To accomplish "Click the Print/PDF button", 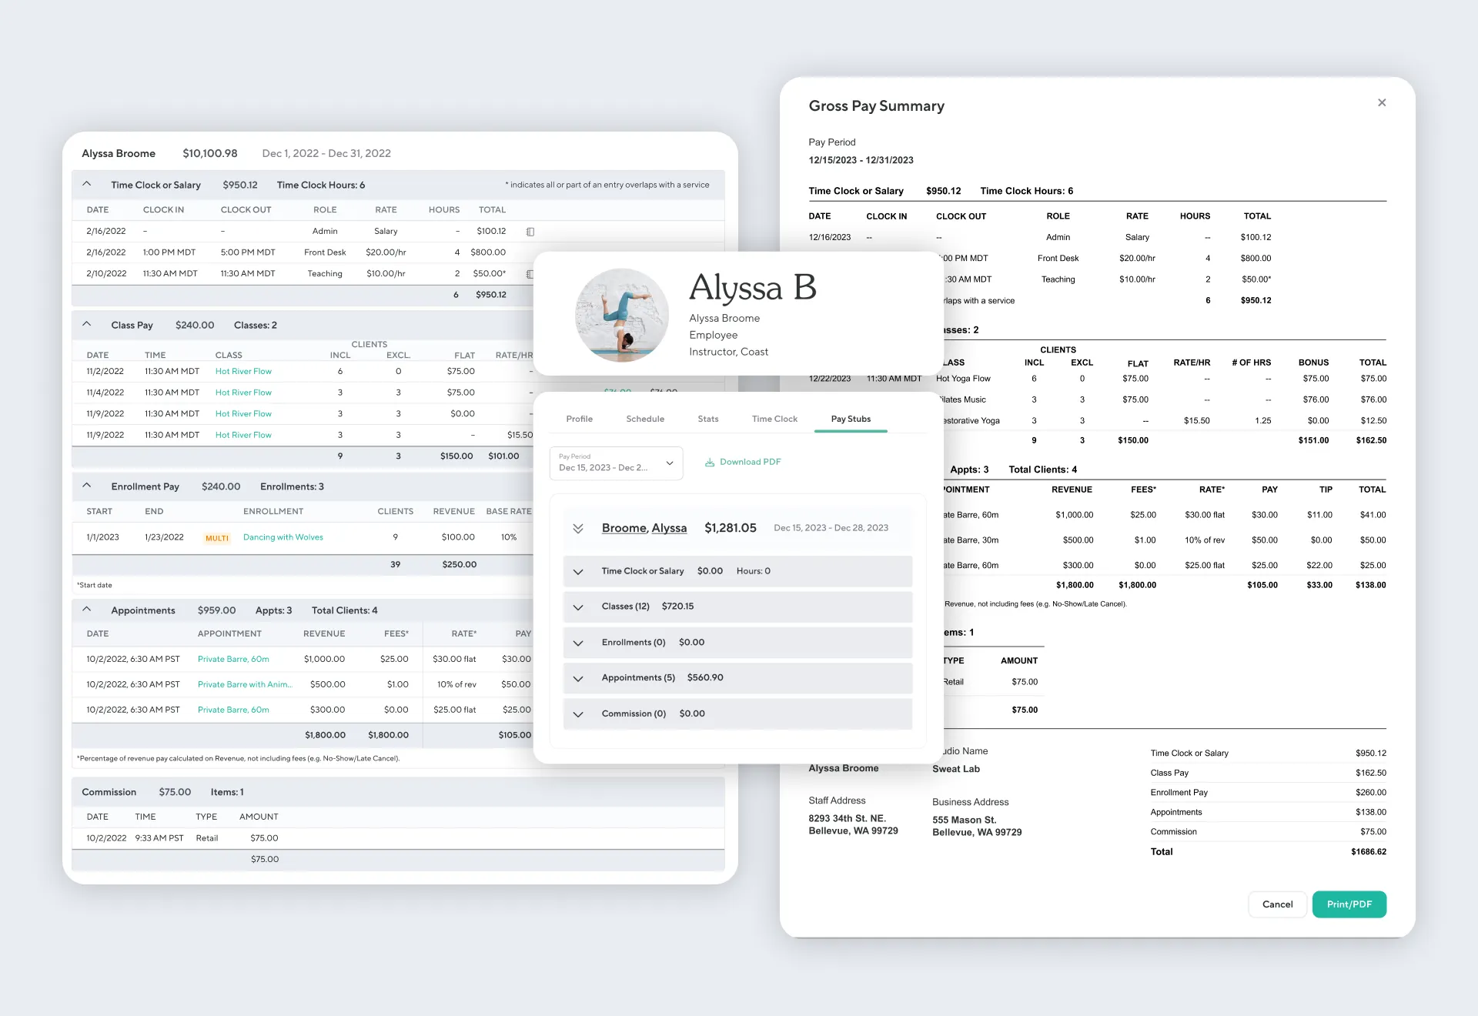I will (x=1349, y=904).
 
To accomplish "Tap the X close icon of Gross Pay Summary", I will (x=1382, y=102).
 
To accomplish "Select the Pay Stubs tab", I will (x=851, y=419).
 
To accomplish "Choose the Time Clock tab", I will (x=774, y=419).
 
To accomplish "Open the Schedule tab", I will (x=645, y=419).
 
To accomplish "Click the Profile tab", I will (x=579, y=419).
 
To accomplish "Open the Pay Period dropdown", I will (x=616, y=463).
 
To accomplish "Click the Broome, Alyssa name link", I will (x=644, y=528).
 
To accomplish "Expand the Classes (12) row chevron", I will (x=578, y=607).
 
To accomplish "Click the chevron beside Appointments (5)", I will (x=578, y=678).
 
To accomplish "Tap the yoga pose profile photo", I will (x=622, y=315).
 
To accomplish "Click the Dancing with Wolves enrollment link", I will (x=283, y=537).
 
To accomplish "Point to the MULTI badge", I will (x=217, y=538).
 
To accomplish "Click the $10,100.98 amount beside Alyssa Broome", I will (x=209, y=153).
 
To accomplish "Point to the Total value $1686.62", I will (x=1368, y=852).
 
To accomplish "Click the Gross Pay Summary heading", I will (x=876, y=106).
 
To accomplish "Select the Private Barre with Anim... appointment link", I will (x=245, y=684).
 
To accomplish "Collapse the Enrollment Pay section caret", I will (x=87, y=486).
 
